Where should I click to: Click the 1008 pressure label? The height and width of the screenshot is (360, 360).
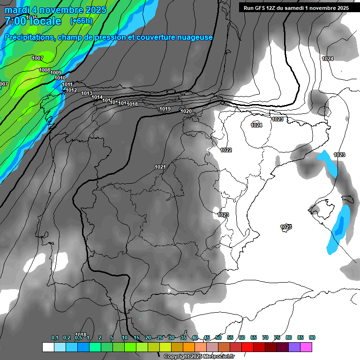[45, 70]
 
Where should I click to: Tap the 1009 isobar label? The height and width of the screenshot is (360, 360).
[56, 73]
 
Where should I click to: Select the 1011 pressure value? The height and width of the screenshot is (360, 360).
[67, 84]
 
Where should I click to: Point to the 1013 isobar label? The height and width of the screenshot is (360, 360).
[87, 93]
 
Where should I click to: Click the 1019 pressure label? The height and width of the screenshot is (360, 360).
[165, 109]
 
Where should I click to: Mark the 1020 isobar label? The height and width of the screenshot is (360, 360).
[186, 111]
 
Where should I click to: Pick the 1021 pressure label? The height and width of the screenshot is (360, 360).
[160, 167]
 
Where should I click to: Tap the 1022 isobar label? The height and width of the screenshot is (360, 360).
[226, 150]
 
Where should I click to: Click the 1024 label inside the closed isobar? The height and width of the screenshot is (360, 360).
[256, 125]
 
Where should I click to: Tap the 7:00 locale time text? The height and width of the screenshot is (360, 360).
[32, 21]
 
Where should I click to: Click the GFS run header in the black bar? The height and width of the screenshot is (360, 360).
[296, 7]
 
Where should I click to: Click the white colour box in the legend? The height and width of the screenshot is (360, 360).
[48, 347]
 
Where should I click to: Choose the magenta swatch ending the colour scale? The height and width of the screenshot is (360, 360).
[306, 347]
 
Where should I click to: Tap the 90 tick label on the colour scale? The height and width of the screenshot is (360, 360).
[312, 337]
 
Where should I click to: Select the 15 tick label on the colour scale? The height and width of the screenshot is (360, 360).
[136, 337]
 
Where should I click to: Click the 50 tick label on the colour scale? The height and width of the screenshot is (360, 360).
[218, 337]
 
